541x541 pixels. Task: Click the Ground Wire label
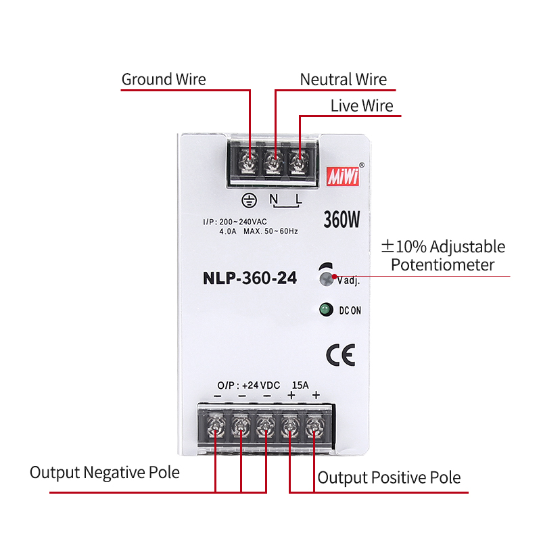point(164,80)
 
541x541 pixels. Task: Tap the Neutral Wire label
point(344,80)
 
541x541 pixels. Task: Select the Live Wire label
point(361,106)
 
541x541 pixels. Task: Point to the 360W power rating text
point(342,219)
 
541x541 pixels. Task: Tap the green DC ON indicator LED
point(326,310)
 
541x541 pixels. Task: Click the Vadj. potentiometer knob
point(327,277)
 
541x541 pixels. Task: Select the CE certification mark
point(339,354)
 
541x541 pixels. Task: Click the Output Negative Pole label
point(105,472)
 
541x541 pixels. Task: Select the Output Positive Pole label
point(389,478)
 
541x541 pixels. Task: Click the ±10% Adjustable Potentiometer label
point(443,256)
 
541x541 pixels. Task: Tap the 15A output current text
point(300,385)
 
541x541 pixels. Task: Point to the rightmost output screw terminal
point(314,426)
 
